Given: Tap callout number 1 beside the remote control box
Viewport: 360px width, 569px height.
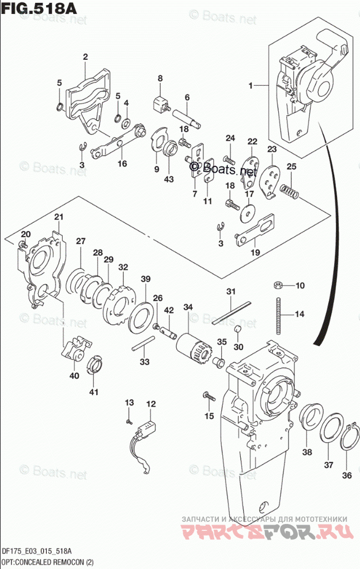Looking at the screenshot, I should point(251,86).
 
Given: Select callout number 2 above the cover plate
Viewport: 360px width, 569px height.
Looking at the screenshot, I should point(85,56).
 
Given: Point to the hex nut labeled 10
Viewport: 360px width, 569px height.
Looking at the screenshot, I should point(276,285).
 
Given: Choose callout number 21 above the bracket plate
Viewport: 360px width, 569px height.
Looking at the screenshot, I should point(58,217).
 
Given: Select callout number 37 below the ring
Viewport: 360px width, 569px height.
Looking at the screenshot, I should point(328,465).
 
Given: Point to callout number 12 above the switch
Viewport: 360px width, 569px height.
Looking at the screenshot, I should point(150,404).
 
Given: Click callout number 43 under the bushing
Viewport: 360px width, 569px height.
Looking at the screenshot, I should point(168,179).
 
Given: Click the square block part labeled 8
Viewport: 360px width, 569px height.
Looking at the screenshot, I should point(158,106).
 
